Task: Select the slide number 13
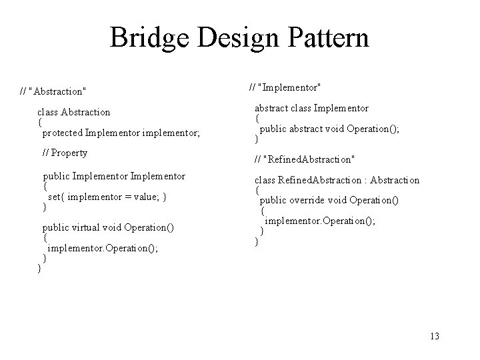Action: point(435,336)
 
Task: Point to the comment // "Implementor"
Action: point(285,87)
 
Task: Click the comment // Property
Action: point(65,153)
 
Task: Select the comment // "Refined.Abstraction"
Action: point(305,159)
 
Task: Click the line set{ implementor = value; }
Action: point(107,197)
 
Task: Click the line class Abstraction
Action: point(73,112)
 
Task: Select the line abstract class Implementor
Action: point(311,108)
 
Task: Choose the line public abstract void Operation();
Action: point(329,129)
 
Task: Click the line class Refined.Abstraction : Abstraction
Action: point(337,180)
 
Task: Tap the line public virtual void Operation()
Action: point(108,227)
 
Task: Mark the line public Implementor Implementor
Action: point(113,177)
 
